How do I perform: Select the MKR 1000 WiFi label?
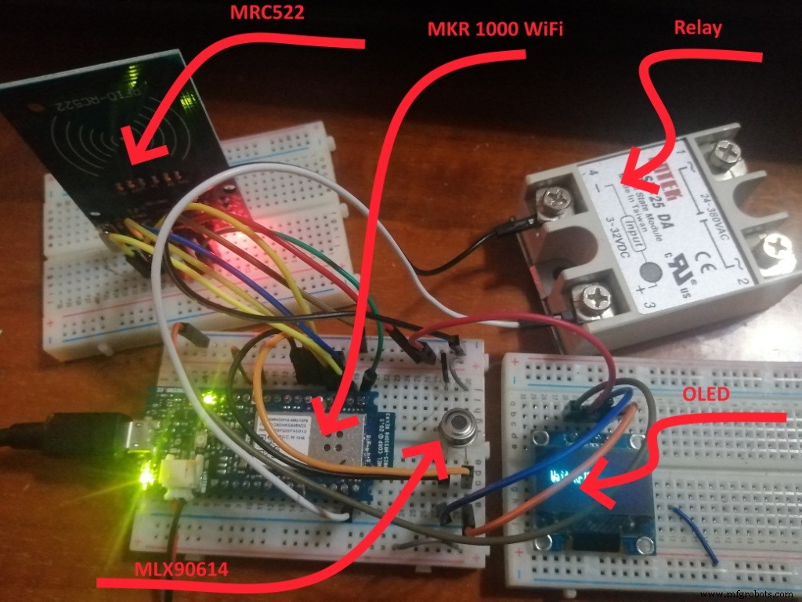click(x=495, y=29)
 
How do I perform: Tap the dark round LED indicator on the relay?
click(x=649, y=274)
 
